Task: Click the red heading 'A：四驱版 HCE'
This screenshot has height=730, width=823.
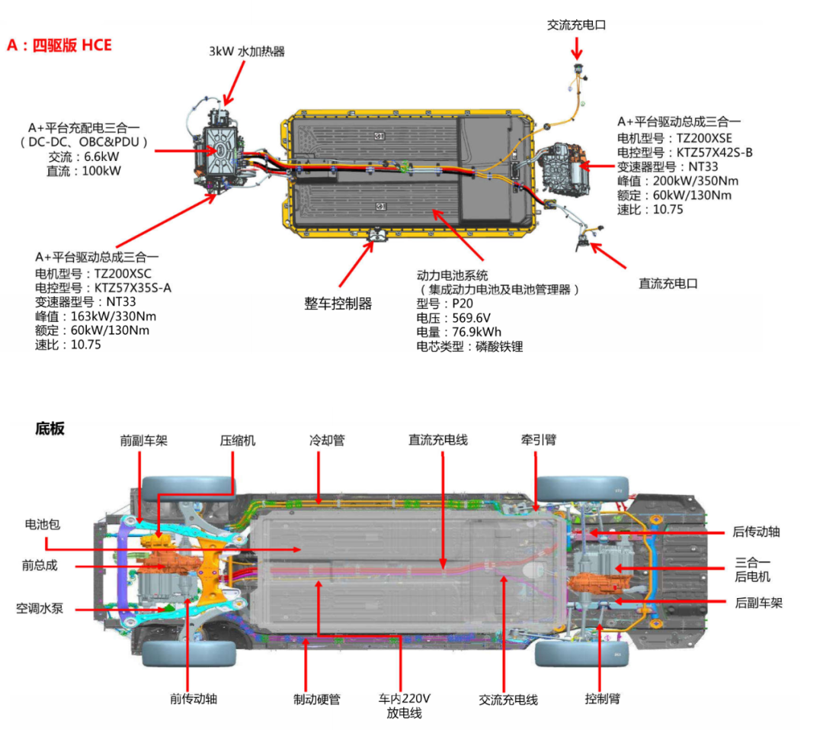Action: pos(59,45)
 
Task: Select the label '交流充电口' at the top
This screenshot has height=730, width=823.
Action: pos(576,24)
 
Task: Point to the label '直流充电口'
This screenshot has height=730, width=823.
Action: pos(668,284)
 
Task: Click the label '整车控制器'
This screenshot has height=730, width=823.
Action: pos(338,304)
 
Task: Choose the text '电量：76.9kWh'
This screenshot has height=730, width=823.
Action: pos(459,332)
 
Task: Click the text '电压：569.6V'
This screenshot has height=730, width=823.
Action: pos(453,317)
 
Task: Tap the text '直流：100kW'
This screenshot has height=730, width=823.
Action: pos(84,170)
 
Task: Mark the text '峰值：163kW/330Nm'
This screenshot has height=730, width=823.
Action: pos(95,317)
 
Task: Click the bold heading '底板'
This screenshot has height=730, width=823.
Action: pos(50,429)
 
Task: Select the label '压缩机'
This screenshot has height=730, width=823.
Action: pos(238,440)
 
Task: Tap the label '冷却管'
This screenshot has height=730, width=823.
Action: pos(327,440)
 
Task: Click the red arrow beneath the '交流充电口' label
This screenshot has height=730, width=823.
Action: pos(577,48)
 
